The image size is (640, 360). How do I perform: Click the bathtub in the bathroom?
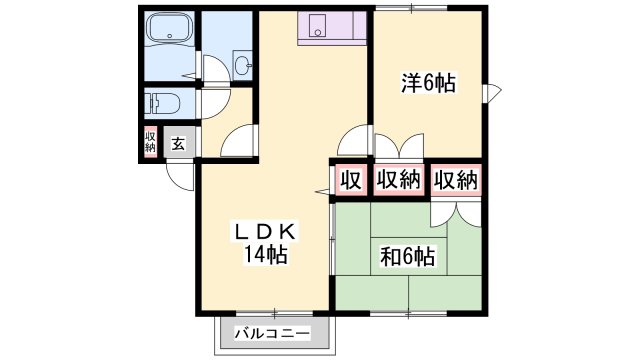point(169,34)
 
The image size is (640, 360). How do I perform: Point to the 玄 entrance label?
point(177,143)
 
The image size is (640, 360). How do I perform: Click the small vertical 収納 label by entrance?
point(150,142)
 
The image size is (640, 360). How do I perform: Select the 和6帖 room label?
point(407,257)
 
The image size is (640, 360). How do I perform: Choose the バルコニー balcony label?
point(272,332)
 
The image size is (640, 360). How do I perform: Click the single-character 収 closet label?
point(348,181)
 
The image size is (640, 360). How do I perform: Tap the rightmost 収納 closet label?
point(456,181)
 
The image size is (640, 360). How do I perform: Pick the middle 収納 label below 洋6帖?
point(399,181)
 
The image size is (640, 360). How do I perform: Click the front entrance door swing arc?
point(180,178)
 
